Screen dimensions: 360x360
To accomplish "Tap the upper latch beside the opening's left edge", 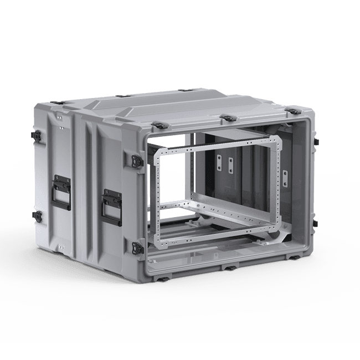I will coord(137,160).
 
